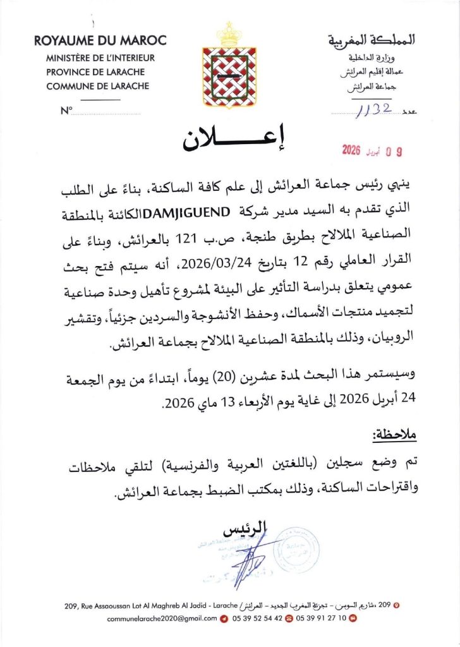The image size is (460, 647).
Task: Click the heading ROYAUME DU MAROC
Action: point(100,42)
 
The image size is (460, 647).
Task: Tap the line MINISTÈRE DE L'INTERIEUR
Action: point(100,58)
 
